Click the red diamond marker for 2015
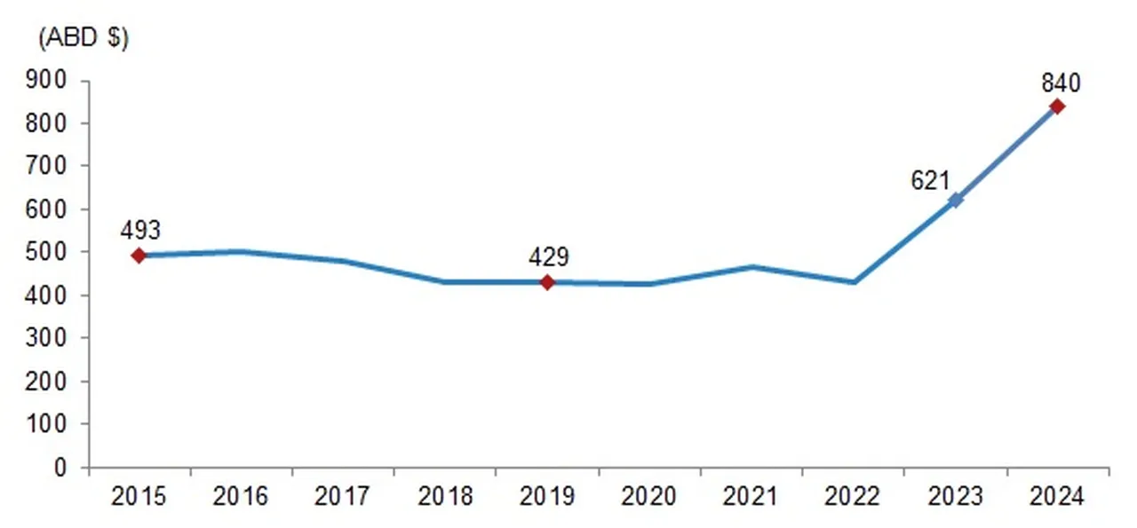tap(139, 256)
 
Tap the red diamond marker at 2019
tap(547, 282)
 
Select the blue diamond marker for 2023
tap(955, 201)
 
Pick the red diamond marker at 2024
tap(1057, 106)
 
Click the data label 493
tap(140, 231)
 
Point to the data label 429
tap(548, 257)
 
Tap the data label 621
tap(931, 181)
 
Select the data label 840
tap(1061, 83)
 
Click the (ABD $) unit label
tap(83, 40)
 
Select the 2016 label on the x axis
tap(241, 496)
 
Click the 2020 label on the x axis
tap(649, 496)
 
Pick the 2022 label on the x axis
tap(854, 496)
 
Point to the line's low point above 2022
tap(854, 282)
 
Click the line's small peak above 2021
tap(751, 266)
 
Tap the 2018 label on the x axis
tap(445, 496)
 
